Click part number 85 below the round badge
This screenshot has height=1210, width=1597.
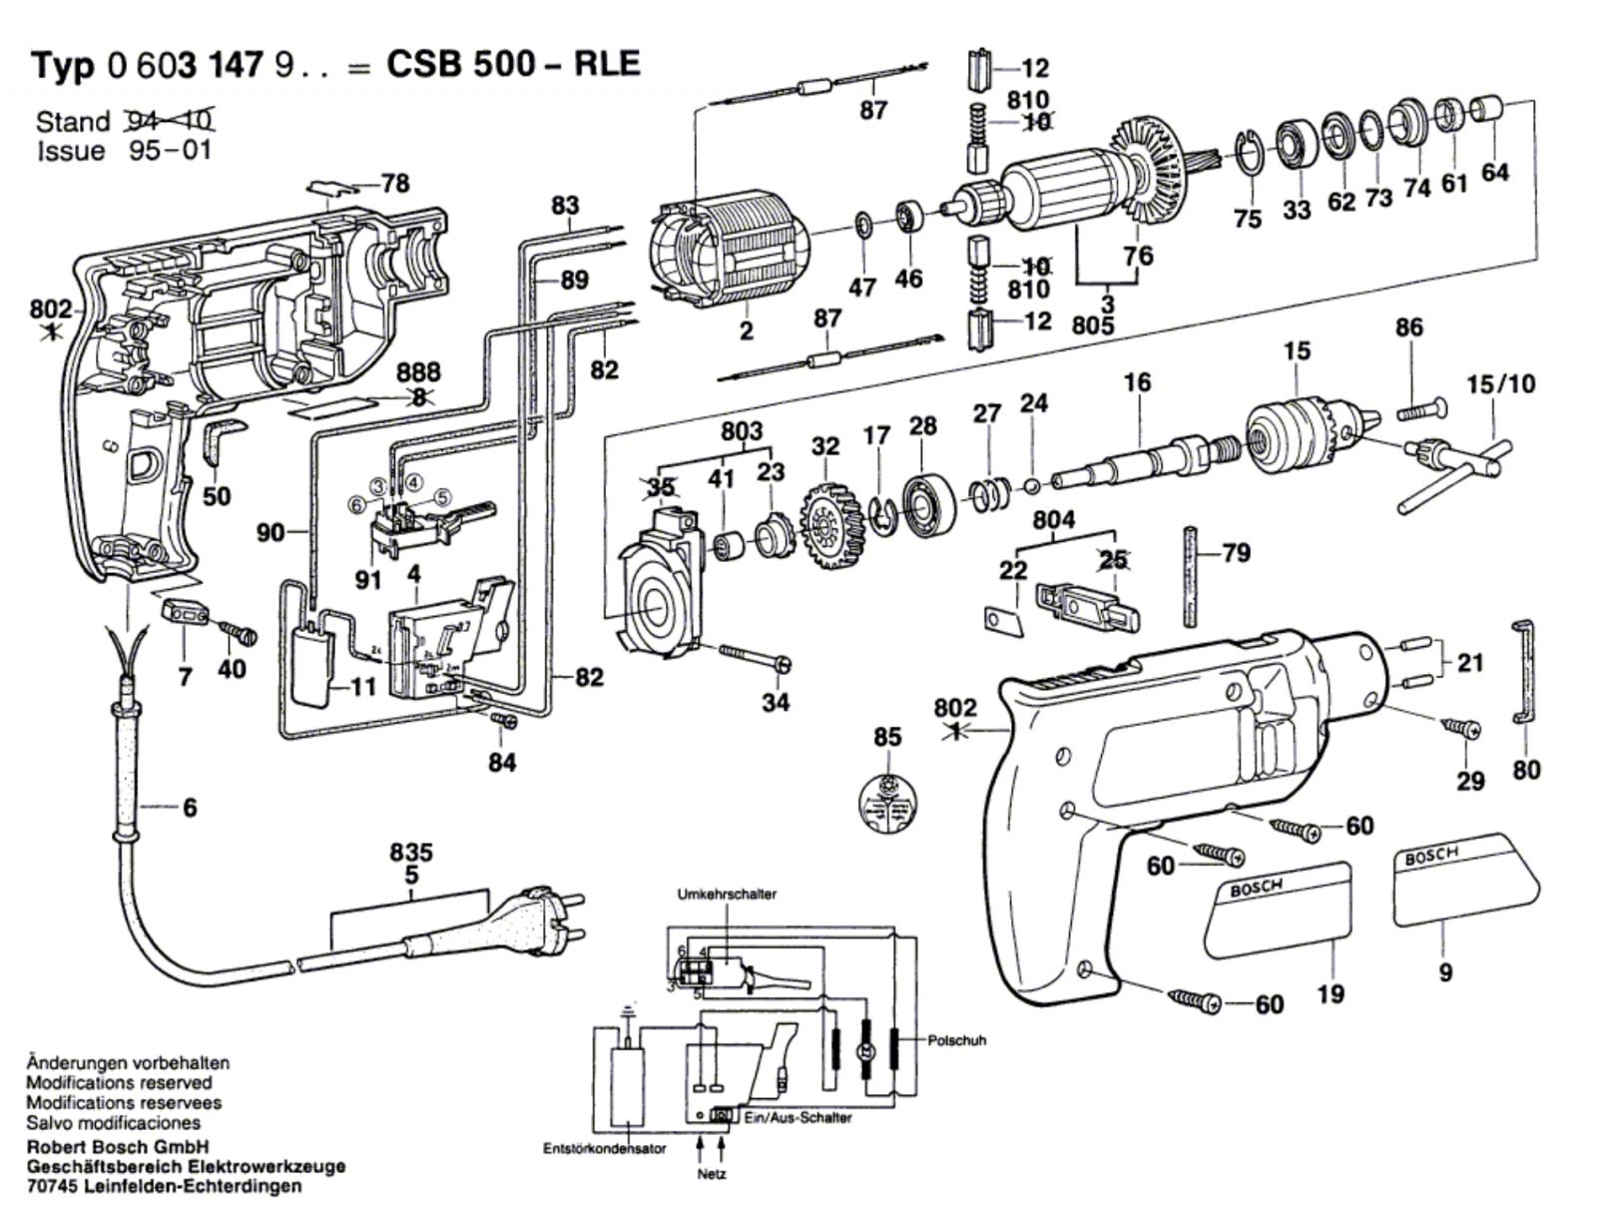[x=886, y=737]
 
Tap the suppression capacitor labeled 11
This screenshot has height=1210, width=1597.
[x=313, y=664]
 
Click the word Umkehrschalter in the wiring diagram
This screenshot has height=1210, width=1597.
[x=726, y=894]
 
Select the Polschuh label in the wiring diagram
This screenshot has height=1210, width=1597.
[x=956, y=1040]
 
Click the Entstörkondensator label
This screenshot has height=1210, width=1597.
[x=605, y=1148]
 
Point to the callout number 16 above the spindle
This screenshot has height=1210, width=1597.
[x=1136, y=382]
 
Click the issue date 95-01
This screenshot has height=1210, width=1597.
[x=170, y=152]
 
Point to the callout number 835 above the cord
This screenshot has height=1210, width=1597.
[x=411, y=853]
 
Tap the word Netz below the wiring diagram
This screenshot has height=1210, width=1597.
[x=711, y=1175]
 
